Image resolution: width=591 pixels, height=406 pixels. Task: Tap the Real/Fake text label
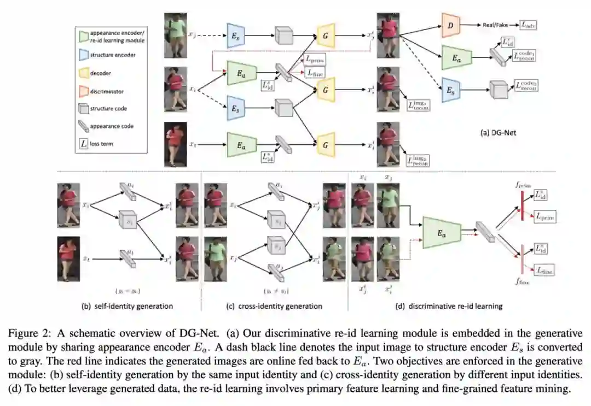click(x=496, y=25)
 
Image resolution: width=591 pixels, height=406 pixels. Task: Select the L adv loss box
click(x=529, y=25)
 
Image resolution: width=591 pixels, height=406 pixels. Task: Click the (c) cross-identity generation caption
click(x=275, y=306)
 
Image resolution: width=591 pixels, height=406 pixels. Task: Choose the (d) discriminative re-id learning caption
click(x=449, y=306)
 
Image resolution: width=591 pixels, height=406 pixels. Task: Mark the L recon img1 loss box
click(x=418, y=104)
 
